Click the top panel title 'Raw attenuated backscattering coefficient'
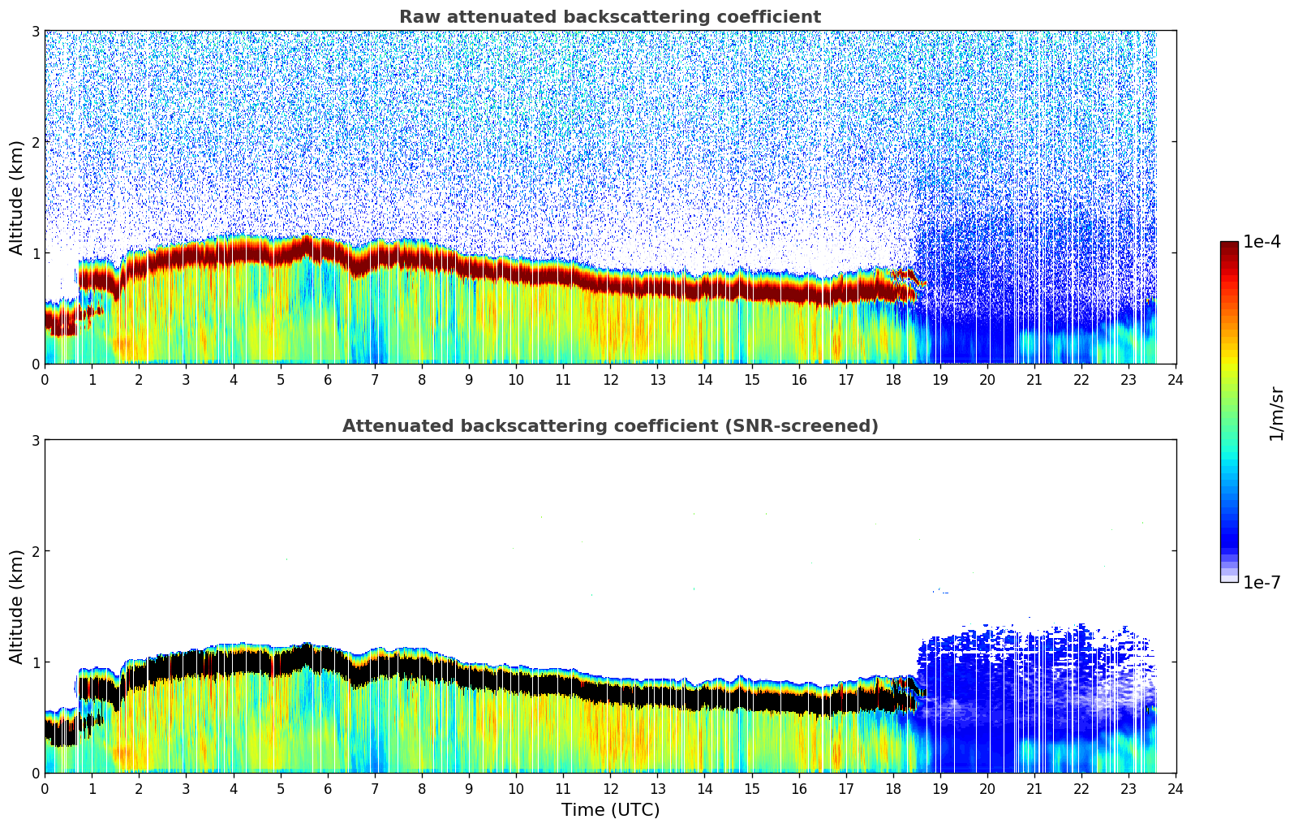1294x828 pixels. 609,17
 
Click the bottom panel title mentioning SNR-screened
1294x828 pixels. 609,426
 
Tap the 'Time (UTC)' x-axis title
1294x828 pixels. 610,810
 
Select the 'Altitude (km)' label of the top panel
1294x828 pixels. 16,197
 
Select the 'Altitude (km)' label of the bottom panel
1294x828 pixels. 16,606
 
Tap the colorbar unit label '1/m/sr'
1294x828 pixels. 1276,413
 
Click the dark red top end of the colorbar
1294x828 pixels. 1228,246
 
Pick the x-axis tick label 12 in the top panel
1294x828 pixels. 610,380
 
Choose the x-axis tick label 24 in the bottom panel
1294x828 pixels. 1176,789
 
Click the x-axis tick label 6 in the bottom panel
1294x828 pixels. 328,789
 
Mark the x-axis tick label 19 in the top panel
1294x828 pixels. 939,380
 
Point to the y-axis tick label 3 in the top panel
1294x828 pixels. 35,31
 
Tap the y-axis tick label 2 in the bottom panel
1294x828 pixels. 35,551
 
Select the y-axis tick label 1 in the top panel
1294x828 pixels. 35,253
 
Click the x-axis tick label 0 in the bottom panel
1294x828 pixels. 45,789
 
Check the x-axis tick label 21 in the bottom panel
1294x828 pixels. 1034,789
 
